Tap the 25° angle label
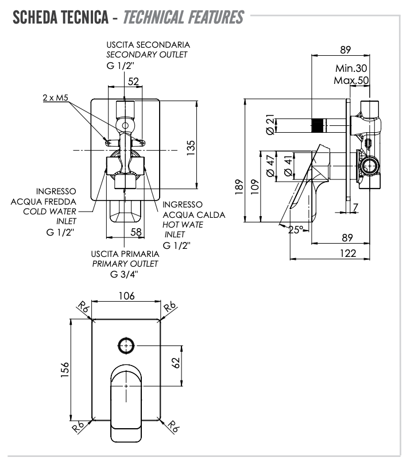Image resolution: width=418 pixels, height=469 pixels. tap(296, 230)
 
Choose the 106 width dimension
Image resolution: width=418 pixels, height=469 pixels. tap(126, 296)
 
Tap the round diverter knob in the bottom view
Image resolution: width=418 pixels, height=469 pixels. tap(126, 345)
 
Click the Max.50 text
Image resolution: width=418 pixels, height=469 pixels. tap(351, 80)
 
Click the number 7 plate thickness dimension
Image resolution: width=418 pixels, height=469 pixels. tap(356, 207)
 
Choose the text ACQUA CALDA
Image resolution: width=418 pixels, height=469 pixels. tap(194, 215)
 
